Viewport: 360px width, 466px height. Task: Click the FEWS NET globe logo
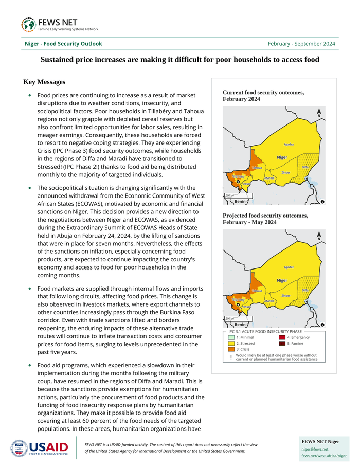[x=28, y=24]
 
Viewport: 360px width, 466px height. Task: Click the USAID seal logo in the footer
[x=19, y=449]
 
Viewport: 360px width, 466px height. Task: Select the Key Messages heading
[x=44, y=82]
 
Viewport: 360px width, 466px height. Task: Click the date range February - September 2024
[x=301, y=44]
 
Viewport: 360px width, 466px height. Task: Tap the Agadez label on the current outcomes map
[x=289, y=144]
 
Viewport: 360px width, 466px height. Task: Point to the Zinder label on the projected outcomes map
[x=286, y=296]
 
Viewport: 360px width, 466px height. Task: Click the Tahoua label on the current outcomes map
[x=257, y=168]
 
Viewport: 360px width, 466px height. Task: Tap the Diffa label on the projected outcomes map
[x=305, y=290]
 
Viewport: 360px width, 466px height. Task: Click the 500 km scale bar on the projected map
[x=229, y=319]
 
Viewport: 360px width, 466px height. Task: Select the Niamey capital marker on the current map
[x=238, y=181]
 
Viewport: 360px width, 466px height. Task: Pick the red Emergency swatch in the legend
[x=282, y=337]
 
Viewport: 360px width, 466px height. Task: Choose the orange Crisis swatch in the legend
[x=231, y=349]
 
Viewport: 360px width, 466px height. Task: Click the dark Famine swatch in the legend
[x=282, y=343]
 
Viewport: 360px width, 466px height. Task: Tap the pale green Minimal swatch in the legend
[x=231, y=337]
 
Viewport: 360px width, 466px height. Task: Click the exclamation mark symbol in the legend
[x=231, y=357]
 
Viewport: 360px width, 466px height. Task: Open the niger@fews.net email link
[x=315, y=449]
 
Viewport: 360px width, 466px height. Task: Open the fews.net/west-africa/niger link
[x=324, y=456]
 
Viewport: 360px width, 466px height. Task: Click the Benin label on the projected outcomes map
[x=240, y=325]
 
